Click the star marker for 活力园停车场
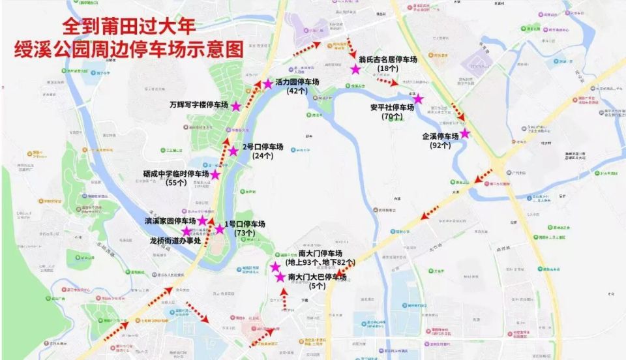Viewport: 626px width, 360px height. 267,84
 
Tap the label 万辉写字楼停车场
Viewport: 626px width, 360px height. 198,105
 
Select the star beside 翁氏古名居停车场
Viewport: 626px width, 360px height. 355,69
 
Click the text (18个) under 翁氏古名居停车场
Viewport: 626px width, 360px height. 388,68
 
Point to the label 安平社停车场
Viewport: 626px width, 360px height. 392,108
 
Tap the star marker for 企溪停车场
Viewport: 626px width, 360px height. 465,134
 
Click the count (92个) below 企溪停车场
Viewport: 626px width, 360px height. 441,145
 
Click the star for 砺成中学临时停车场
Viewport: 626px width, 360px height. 215,175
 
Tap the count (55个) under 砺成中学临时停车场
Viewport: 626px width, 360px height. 176,183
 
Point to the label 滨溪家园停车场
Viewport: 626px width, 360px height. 170,222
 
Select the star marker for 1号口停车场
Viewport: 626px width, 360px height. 220,229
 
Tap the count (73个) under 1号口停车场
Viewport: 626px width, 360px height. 244,233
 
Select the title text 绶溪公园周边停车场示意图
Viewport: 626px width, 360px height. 128,50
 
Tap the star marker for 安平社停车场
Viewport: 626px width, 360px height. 418,100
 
